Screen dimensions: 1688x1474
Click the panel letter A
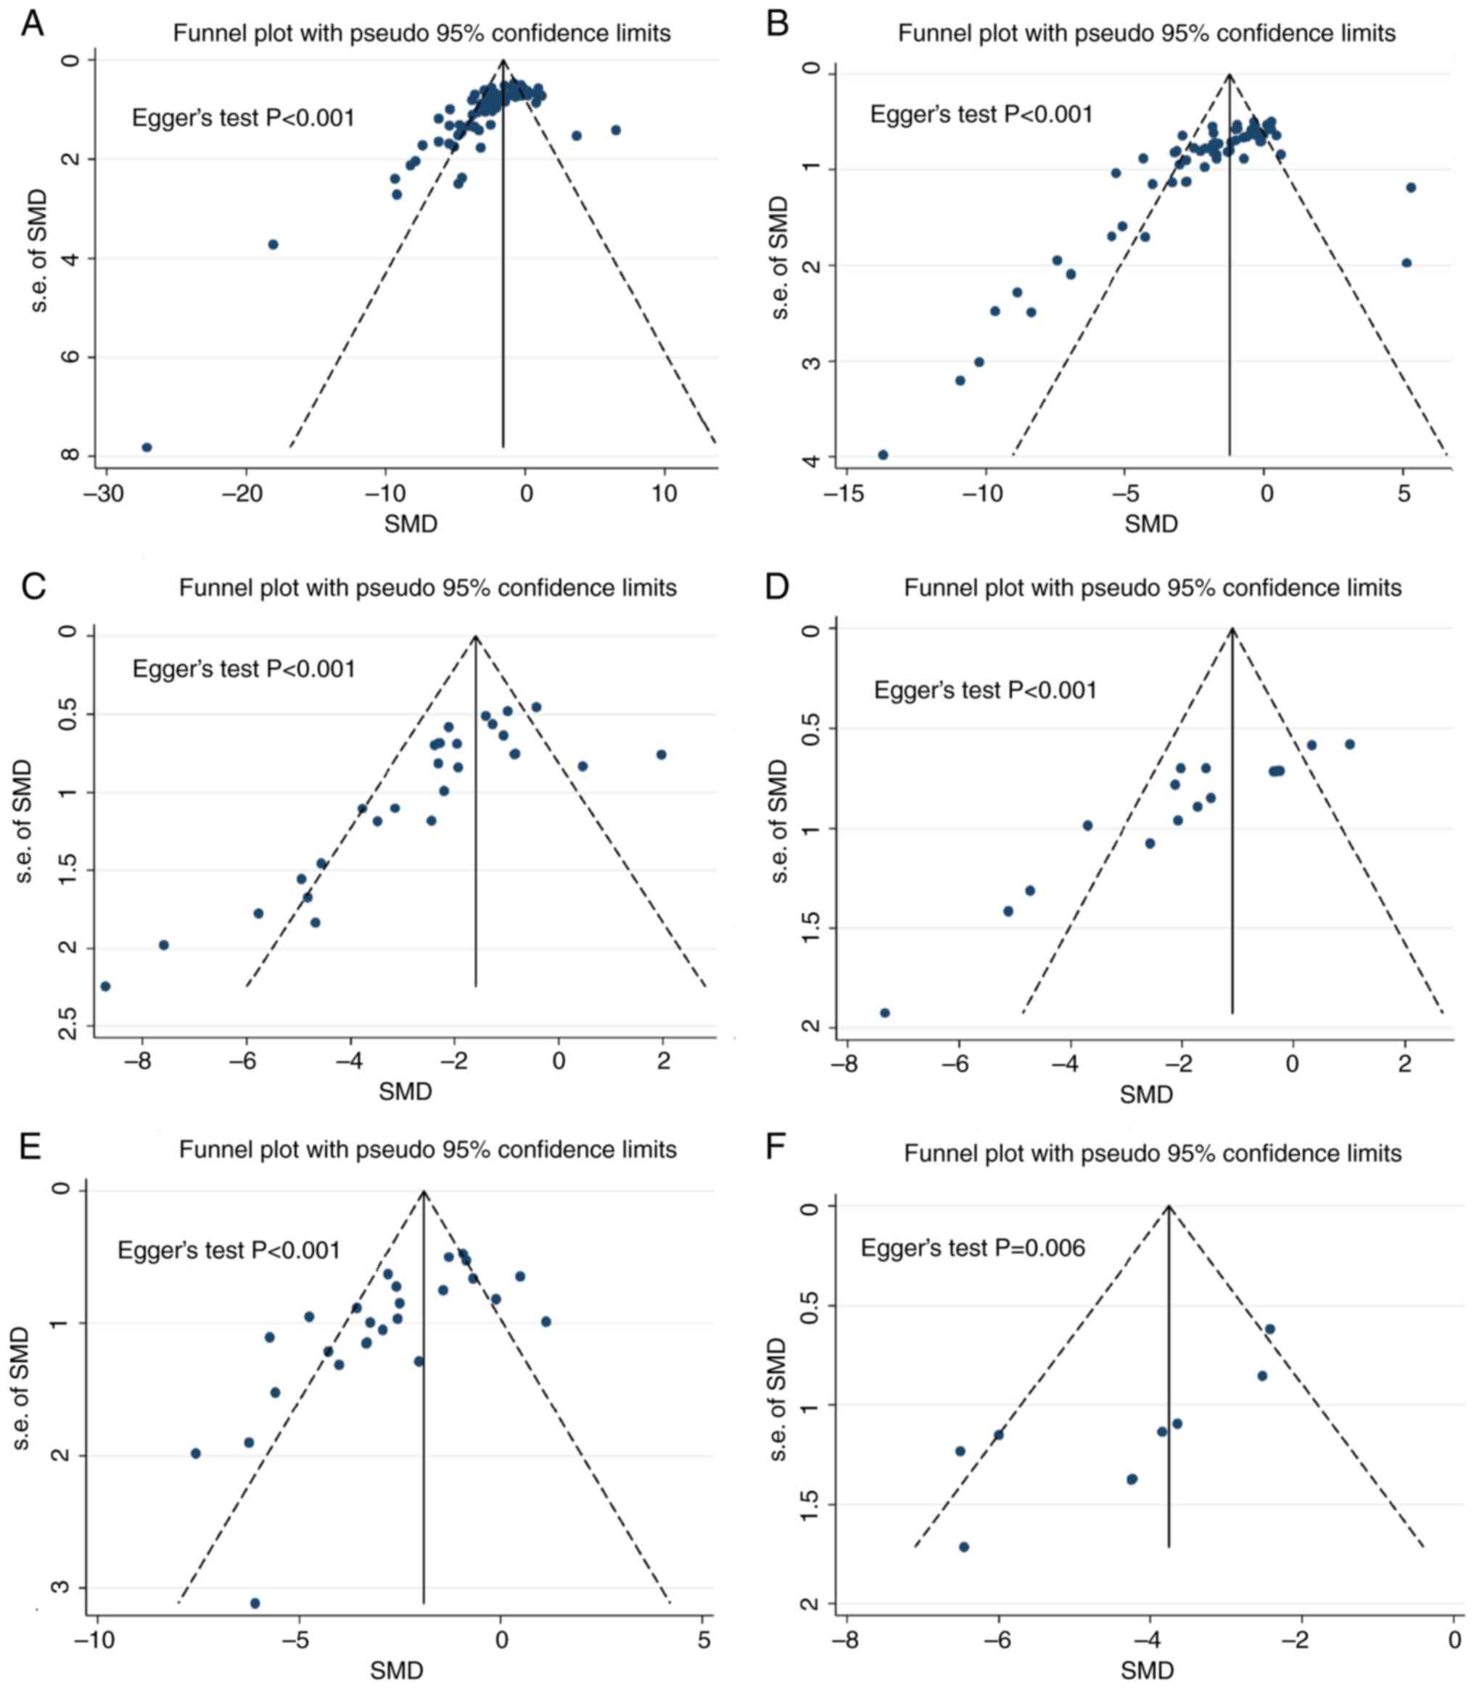click(x=32, y=24)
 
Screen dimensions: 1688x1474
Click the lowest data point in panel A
click(x=147, y=448)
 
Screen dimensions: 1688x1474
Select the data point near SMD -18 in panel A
click(x=273, y=244)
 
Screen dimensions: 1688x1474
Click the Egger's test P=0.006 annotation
click(x=972, y=1248)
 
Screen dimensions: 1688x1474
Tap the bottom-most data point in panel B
click(x=884, y=455)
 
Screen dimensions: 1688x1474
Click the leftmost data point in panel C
click(x=105, y=987)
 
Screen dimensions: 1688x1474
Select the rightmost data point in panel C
click(x=662, y=754)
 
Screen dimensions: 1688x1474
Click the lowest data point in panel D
click(x=885, y=1013)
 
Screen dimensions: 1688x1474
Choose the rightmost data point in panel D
click(x=1350, y=744)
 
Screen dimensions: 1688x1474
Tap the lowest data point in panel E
click(x=255, y=1603)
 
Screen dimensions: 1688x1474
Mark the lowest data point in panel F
click(x=964, y=1547)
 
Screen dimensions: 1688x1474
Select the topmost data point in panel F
click(x=1270, y=1328)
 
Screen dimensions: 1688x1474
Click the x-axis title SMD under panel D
click(x=1146, y=1095)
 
